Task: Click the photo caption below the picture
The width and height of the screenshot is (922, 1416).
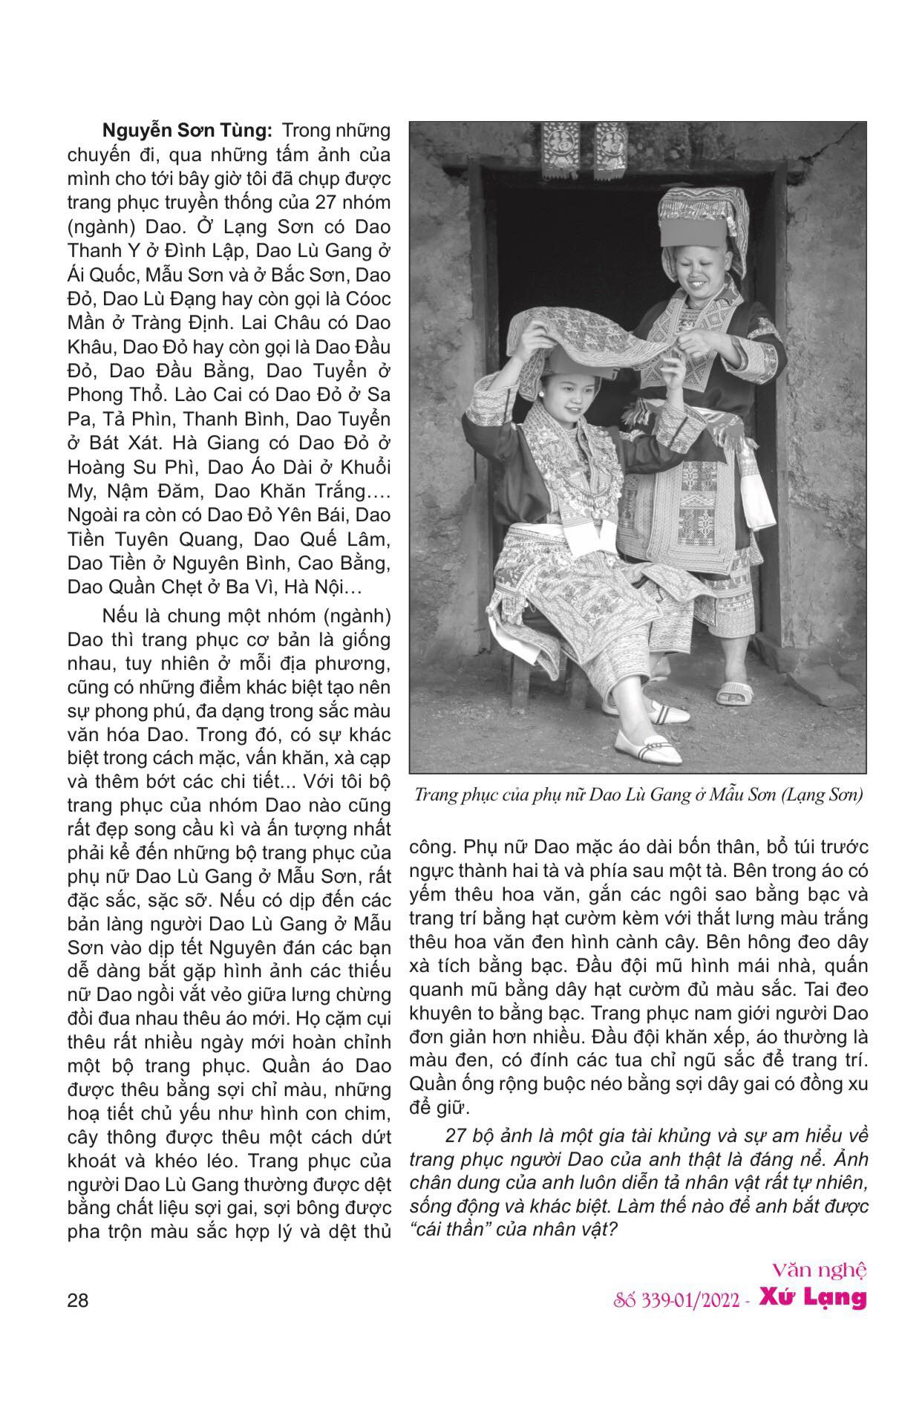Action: [638, 795]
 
